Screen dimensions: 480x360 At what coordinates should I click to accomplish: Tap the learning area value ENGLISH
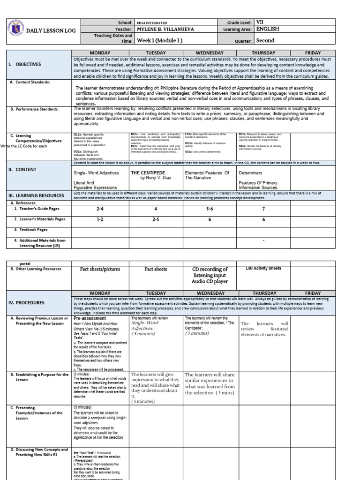(268, 29)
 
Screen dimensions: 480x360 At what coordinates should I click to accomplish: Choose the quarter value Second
(265, 40)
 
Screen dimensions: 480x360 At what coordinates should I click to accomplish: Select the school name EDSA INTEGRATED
(151, 22)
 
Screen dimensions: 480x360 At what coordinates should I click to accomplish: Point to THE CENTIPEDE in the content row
(149, 172)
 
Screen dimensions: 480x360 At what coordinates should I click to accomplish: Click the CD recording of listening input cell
(210, 275)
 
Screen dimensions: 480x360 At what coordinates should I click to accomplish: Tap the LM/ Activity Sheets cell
(263, 269)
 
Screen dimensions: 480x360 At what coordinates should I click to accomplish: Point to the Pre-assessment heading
(90, 318)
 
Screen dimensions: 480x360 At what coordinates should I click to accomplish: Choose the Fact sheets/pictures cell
(100, 269)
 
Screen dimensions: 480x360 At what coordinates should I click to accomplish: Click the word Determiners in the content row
(250, 172)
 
